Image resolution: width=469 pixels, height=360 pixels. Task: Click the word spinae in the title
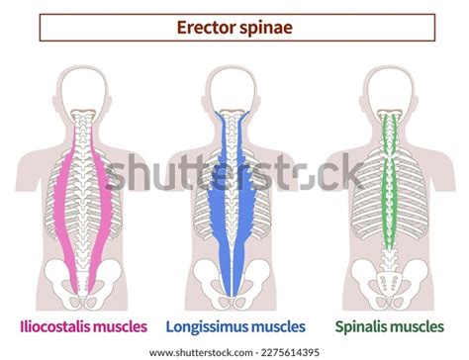tap(264, 28)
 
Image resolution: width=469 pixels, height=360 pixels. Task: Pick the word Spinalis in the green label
tap(365, 324)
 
